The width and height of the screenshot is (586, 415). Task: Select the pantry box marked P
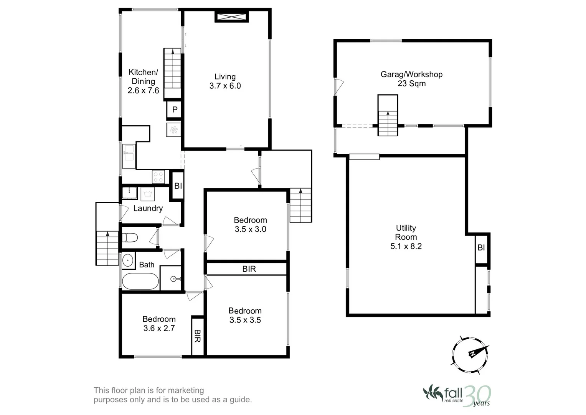175,110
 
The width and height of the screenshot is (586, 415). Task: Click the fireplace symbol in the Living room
231,17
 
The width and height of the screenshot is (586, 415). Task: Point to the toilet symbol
130,238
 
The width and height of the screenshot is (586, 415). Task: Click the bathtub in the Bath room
140,281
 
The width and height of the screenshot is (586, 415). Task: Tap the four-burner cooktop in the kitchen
158,176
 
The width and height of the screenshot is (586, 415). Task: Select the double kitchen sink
129,156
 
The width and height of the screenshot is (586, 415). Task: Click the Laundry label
148,208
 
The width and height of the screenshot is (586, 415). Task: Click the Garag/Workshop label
411,75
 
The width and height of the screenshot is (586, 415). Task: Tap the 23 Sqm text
411,84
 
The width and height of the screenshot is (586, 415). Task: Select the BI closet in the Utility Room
481,248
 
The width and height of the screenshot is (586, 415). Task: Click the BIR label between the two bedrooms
249,269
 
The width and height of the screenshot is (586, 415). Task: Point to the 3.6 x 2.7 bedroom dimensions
159,328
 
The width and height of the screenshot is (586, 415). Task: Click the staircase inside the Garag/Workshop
388,115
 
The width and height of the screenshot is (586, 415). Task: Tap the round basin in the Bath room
128,261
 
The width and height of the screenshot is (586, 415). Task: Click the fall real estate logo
457,396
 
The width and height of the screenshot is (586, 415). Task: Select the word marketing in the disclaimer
186,390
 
